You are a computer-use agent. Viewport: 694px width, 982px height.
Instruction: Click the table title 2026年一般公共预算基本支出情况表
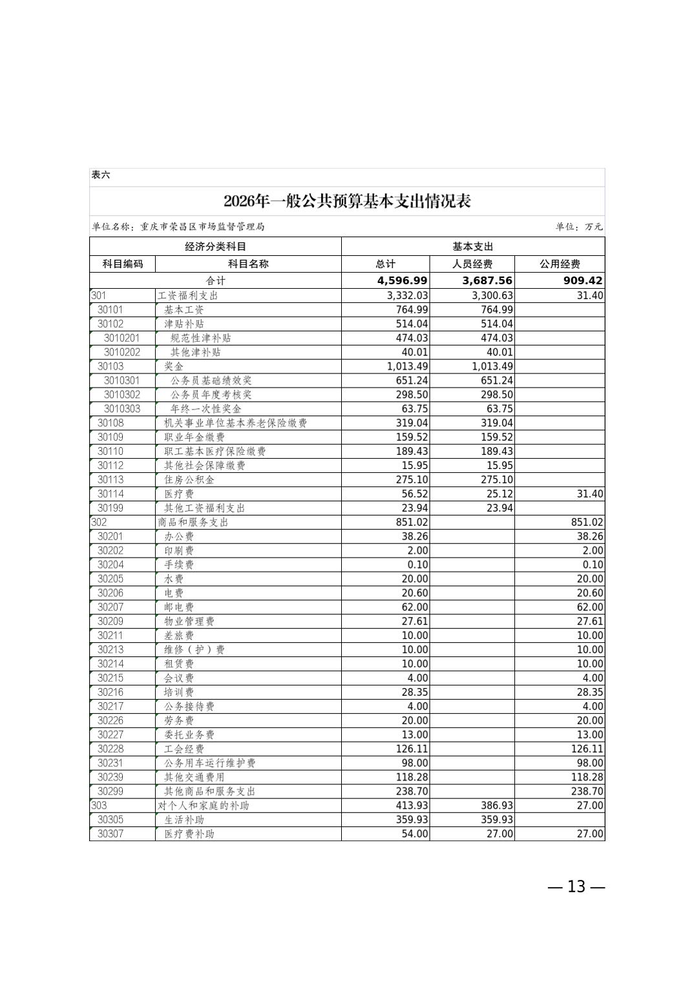click(347, 201)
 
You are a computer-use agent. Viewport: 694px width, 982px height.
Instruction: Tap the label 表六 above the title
click(101, 175)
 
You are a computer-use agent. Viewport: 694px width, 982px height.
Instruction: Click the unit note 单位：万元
click(578, 227)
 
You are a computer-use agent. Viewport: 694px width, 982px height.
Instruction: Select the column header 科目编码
click(123, 264)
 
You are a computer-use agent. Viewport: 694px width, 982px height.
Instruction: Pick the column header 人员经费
click(472, 264)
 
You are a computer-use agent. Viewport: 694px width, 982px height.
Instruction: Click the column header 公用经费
click(560, 264)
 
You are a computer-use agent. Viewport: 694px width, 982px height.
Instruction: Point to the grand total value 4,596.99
click(402, 280)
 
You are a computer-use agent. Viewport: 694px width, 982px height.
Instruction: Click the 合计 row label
click(216, 280)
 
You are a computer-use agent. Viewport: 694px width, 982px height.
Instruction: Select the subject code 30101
click(110, 309)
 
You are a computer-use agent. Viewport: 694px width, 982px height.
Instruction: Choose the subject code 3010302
click(121, 394)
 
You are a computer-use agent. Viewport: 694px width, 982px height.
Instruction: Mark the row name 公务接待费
click(189, 706)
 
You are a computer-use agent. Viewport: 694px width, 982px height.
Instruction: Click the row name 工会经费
click(184, 749)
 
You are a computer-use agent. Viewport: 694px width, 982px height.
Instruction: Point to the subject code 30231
click(110, 763)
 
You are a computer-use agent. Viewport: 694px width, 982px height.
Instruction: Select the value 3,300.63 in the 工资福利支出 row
click(488, 295)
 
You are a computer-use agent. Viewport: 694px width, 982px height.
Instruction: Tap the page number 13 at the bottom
click(576, 886)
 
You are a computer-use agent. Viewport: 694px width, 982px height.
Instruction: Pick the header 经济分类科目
click(215, 246)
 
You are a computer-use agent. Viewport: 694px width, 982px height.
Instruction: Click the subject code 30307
click(110, 834)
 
